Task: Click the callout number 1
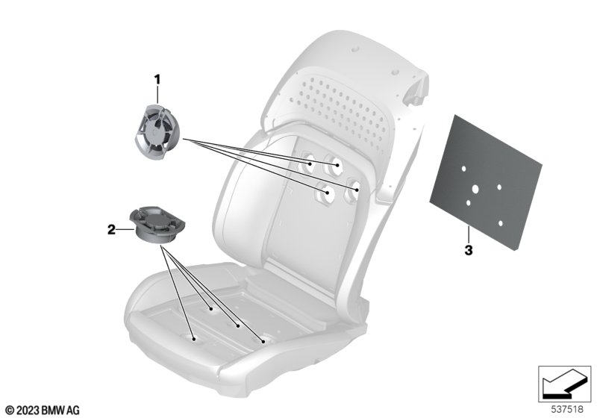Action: [x=157, y=80]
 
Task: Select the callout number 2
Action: [x=111, y=230]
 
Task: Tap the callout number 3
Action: [x=469, y=251]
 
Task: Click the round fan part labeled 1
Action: [x=154, y=131]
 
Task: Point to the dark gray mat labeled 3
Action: [x=486, y=182]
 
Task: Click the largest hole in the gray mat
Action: [x=475, y=189]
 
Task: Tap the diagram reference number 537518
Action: [x=567, y=409]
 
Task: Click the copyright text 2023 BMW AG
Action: [x=43, y=410]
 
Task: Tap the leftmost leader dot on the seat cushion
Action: [x=194, y=338]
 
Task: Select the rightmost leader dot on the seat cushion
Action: [x=263, y=341]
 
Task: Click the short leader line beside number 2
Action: [x=125, y=230]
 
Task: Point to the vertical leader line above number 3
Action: [x=469, y=235]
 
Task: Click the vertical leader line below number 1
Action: [x=157, y=95]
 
